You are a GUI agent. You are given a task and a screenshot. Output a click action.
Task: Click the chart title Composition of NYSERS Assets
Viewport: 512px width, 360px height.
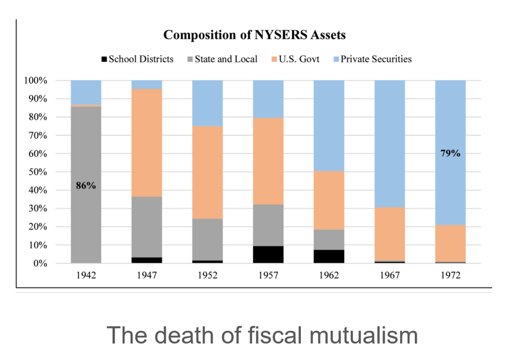pos(254,35)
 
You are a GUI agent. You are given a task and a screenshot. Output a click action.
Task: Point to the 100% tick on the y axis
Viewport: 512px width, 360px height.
pos(36,81)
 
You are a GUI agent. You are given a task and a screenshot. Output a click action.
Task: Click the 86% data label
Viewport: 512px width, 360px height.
pos(86,186)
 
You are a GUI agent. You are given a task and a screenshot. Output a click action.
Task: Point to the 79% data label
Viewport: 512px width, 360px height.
pos(451,153)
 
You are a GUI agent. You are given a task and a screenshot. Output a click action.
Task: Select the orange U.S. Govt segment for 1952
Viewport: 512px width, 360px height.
pos(207,172)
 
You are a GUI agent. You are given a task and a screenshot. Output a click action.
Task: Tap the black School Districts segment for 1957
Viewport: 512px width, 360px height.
pos(268,254)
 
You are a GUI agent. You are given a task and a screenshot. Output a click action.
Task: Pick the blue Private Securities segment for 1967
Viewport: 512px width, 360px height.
pos(390,143)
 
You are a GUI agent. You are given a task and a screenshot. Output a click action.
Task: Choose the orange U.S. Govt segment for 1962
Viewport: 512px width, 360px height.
pos(329,200)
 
